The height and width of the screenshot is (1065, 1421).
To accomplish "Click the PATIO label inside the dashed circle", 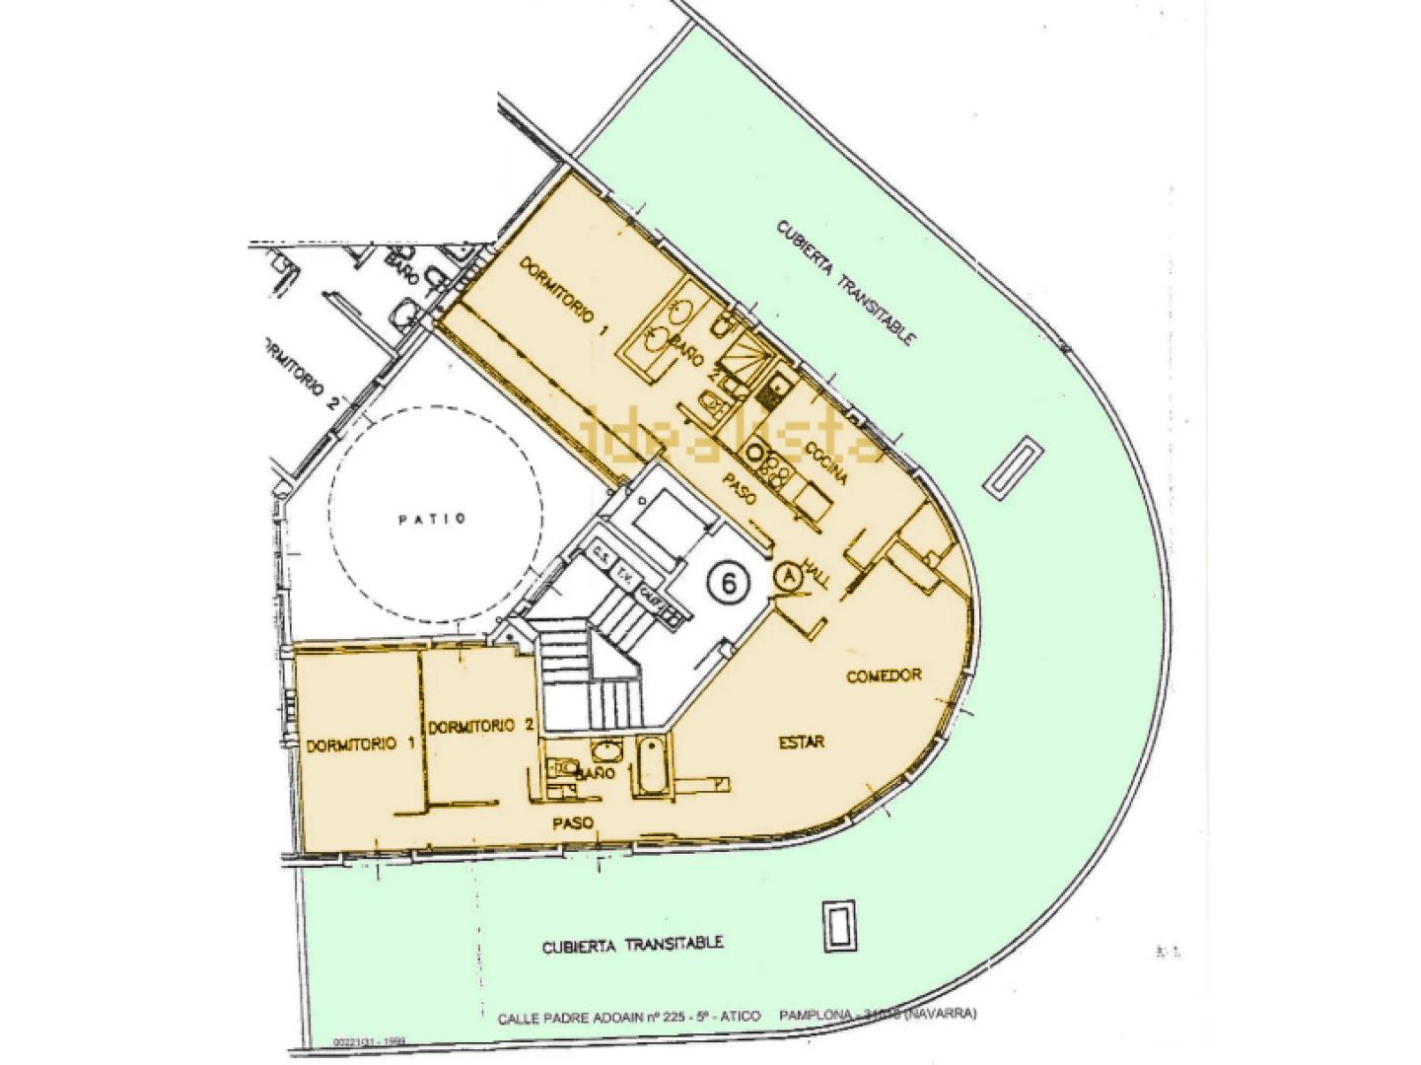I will point(432,520).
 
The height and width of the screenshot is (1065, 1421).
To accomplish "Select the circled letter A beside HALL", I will point(788,577).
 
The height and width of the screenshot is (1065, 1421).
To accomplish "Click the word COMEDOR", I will point(885,676).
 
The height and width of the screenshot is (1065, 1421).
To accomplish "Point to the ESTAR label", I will point(802,743).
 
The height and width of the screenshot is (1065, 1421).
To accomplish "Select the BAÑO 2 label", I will point(695,356).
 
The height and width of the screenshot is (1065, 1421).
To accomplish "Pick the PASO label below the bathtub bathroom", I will point(571,821).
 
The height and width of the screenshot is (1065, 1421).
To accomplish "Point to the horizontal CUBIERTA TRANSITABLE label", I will point(632,945).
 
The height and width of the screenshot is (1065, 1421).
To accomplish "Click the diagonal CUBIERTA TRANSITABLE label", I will point(847,282).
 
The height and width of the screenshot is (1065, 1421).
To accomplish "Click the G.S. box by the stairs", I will point(601,554).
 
